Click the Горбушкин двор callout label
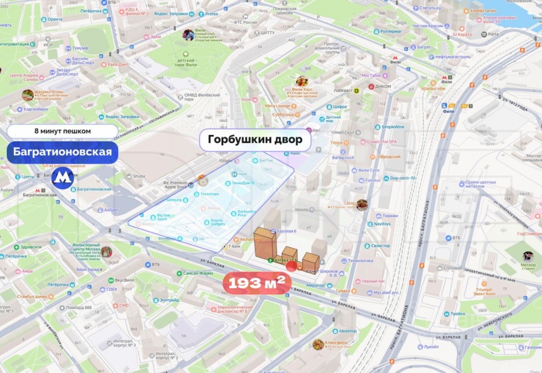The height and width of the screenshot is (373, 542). coord(255,139)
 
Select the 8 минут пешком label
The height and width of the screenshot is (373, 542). coord(62,131)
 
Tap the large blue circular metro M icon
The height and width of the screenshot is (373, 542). coord(63,178)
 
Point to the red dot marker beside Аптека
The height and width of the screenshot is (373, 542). coord(292,264)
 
